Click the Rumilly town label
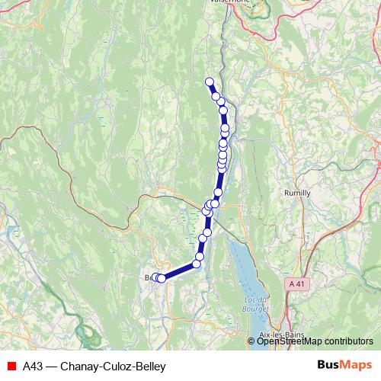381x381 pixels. coord(297,193)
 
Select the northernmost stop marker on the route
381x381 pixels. coord(210,82)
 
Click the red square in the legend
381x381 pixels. coord(11,367)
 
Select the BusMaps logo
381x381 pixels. coord(344,366)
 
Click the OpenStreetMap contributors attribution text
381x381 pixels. coord(315,341)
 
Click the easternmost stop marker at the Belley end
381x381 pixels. coord(162,279)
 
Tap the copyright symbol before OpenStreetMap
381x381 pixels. coord(251,341)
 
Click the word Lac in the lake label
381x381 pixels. coord(253,299)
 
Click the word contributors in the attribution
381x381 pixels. coord(347,341)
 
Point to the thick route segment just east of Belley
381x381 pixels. coord(180,271)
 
